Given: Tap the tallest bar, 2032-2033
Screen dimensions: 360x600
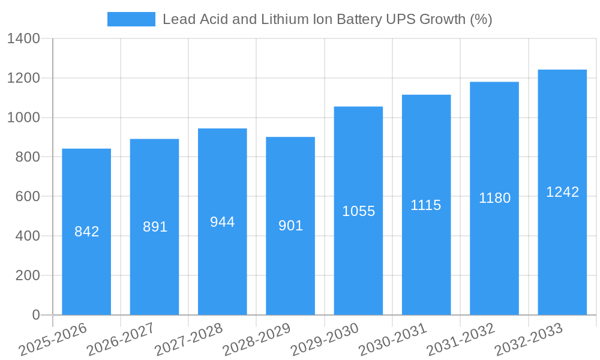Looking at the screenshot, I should (562, 252).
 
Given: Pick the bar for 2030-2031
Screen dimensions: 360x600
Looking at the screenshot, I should (426, 258).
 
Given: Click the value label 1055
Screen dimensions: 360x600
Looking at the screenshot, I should (358, 211).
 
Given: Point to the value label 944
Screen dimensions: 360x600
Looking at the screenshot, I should (222, 222).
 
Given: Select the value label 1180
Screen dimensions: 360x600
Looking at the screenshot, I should (494, 198).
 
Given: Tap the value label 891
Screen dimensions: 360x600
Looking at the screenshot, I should (155, 227).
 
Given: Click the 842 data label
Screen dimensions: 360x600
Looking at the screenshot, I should (86, 232).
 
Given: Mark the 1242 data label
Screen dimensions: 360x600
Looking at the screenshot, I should (562, 192).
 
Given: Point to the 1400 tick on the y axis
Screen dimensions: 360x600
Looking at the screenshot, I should (23, 39).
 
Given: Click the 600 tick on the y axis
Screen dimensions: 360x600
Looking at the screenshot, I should (27, 197).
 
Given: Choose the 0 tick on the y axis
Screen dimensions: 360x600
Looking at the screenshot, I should (35, 315).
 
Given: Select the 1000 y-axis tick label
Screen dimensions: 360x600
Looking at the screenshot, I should (23, 118).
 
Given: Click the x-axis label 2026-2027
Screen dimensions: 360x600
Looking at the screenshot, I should (121, 339).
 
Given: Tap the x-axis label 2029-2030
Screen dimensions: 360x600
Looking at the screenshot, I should (325, 339).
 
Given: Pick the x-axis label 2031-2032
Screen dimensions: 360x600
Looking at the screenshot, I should (461, 339).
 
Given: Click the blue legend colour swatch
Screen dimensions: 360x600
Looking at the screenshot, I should (131, 19).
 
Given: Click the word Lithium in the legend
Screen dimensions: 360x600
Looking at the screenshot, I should (281, 19).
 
